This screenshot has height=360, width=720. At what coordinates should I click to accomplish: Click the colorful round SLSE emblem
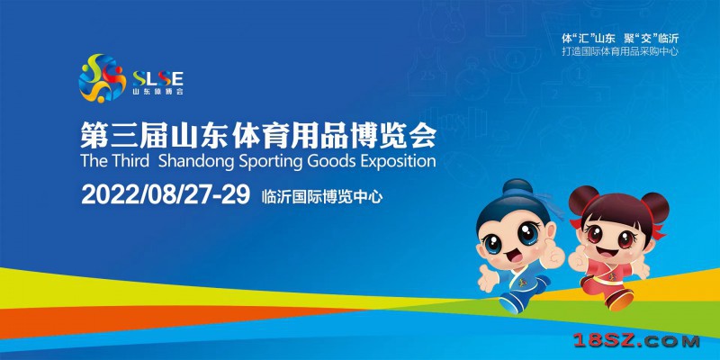point(103,78)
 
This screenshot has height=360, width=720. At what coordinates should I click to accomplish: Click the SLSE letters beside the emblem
point(157,78)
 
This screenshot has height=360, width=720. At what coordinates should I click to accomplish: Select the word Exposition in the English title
point(396,162)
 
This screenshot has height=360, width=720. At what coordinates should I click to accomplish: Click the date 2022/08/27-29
point(166,194)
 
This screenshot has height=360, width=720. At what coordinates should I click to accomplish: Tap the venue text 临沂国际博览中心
point(322,197)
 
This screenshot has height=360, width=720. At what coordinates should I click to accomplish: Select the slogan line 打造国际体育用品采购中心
point(620,52)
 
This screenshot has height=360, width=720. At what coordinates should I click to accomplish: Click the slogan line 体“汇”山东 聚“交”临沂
point(620,39)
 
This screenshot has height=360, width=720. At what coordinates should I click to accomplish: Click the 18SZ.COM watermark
point(636,341)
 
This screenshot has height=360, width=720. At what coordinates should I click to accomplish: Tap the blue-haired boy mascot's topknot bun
point(517,187)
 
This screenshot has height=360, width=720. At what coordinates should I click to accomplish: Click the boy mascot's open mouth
point(514,256)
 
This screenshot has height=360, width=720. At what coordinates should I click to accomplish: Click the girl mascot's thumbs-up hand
point(576,258)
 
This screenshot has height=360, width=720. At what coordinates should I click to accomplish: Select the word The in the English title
point(94,161)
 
